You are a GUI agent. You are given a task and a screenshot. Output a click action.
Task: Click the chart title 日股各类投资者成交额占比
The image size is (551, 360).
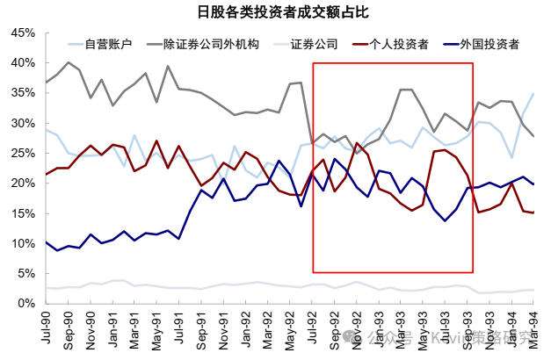pos(275,12)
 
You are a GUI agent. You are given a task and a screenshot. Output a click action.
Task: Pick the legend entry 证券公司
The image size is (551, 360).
pos(312,44)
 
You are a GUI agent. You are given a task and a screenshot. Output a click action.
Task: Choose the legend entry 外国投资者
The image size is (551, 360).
pos(489,44)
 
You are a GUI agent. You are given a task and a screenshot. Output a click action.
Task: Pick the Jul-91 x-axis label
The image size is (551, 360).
pos(178,330)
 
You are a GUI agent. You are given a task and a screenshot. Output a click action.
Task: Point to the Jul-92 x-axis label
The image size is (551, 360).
pos(312,330)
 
